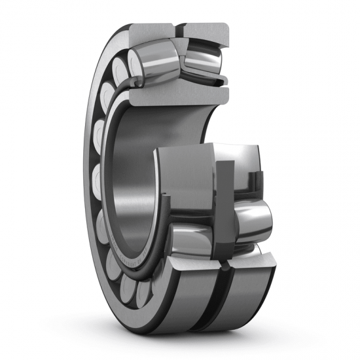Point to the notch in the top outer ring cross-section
[178, 29]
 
